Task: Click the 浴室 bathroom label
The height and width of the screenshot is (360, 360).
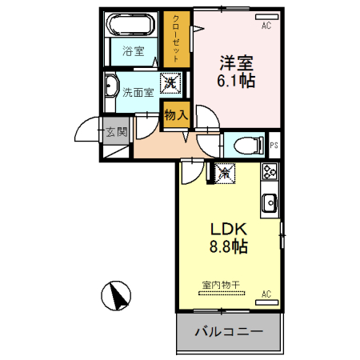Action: (x=133, y=52)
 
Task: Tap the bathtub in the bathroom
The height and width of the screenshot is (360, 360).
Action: (x=132, y=24)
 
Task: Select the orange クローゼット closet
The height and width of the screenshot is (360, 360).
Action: (x=176, y=38)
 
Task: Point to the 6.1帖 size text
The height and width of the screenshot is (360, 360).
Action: (x=237, y=82)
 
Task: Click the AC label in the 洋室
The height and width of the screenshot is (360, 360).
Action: (x=266, y=25)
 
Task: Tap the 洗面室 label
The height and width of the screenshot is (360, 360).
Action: (x=138, y=92)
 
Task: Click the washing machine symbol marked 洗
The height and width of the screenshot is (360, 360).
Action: (x=170, y=82)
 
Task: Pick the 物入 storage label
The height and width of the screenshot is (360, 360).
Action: (x=175, y=114)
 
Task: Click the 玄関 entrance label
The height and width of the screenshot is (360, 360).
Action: (x=116, y=131)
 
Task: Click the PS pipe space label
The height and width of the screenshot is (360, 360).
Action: (x=274, y=145)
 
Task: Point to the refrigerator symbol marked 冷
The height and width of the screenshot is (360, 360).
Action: (x=225, y=171)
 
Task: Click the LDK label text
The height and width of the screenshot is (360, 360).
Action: (x=228, y=230)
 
